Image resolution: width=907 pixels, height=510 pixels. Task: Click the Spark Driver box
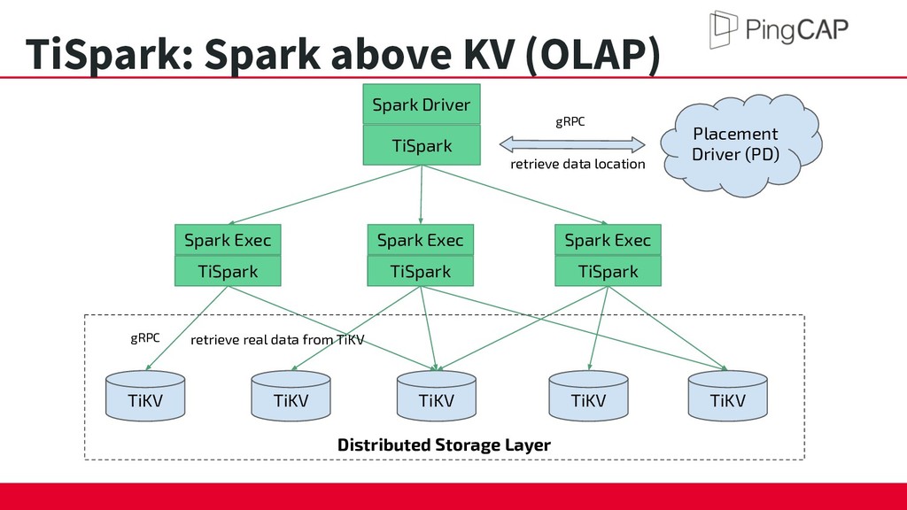point(422,104)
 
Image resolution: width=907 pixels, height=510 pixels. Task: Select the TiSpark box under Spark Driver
point(422,145)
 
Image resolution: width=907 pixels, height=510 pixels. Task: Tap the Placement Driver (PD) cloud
point(740,144)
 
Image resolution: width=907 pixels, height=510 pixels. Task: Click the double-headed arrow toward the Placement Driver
point(572,144)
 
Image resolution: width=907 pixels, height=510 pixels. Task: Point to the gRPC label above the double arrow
point(570,121)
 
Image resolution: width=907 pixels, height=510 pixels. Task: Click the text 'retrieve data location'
point(578,164)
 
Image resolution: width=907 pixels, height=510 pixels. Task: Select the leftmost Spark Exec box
point(228,239)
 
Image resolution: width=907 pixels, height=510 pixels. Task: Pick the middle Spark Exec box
point(421,239)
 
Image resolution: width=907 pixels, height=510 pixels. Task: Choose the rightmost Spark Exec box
point(608,239)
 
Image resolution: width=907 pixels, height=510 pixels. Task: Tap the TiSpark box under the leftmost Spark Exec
point(228,271)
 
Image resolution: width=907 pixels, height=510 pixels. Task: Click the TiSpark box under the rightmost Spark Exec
point(608,271)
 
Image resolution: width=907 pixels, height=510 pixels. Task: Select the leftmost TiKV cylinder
point(145,396)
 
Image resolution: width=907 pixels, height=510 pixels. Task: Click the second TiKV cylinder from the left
point(291,396)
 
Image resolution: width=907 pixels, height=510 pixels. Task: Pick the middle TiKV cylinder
point(437,396)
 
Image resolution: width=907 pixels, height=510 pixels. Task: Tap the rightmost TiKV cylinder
point(728,396)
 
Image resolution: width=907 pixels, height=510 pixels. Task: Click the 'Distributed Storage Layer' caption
point(444,444)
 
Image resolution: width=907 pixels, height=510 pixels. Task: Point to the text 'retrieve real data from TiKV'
point(277,339)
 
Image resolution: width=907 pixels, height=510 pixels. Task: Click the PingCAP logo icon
point(723,29)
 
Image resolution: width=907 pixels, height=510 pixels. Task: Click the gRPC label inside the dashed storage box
point(144,337)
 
